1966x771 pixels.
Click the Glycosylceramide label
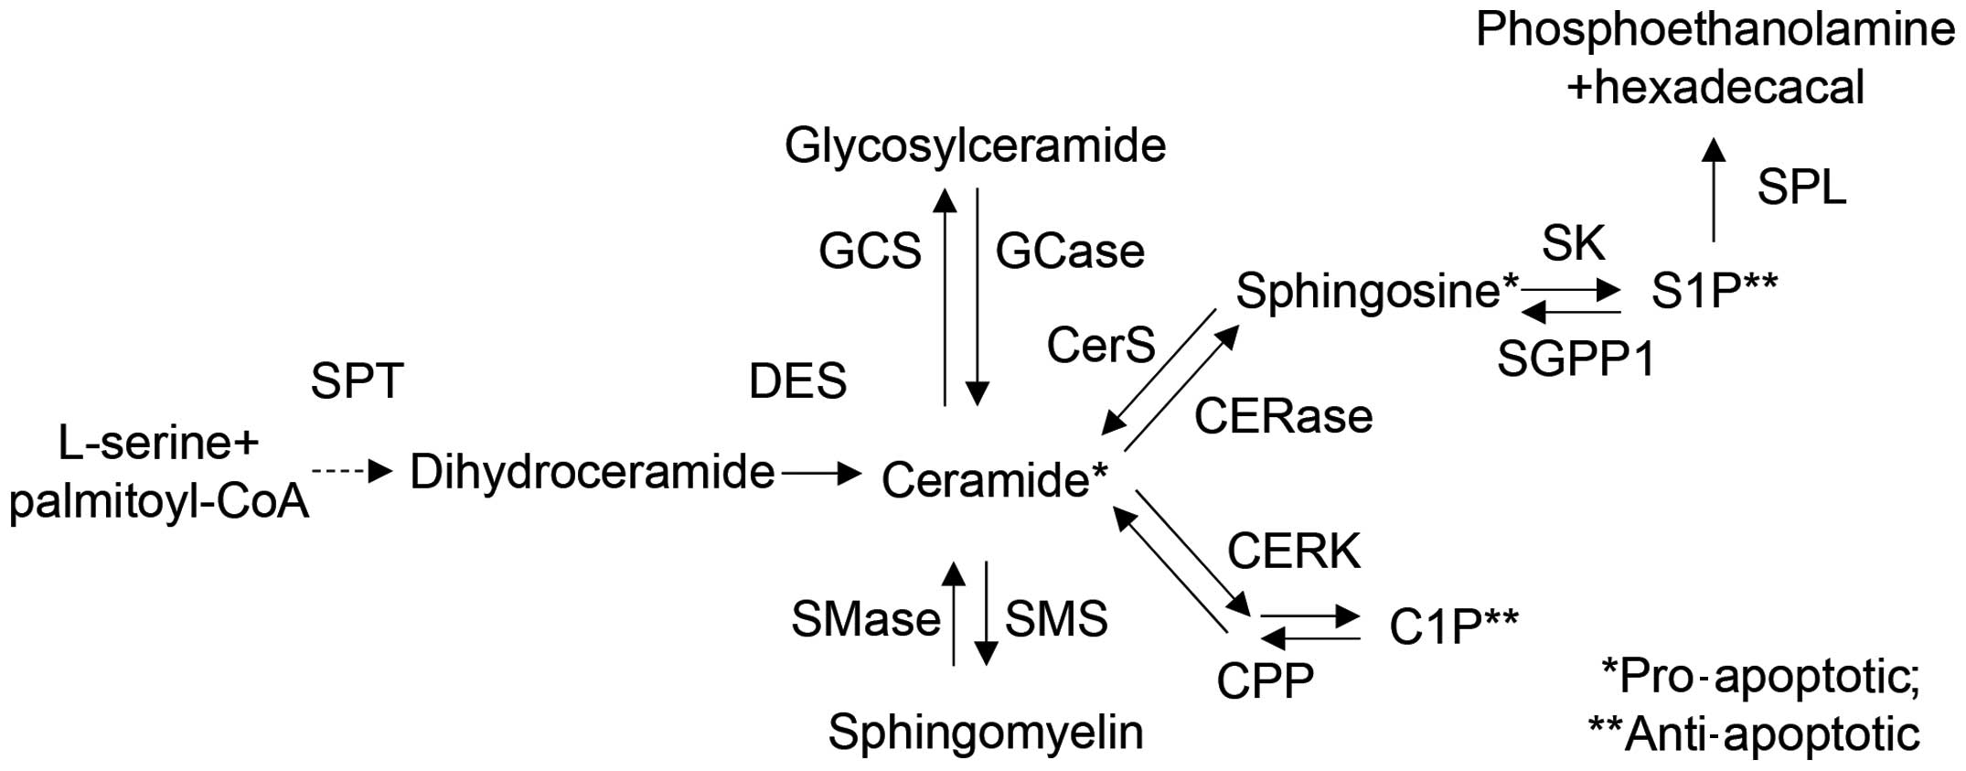click(975, 146)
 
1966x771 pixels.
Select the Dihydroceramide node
click(592, 473)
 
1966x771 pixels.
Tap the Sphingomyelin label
click(986, 732)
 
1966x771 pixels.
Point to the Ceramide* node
click(994, 479)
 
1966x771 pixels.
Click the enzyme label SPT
click(357, 380)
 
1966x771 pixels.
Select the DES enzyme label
click(797, 380)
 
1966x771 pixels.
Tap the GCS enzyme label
click(870, 252)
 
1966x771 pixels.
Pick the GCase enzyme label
click(1070, 252)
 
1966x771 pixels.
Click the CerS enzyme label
click(1101, 346)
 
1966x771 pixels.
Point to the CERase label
click(1283, 417)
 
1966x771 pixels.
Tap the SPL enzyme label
click(1801, 188)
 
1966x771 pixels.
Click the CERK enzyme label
click(1294, 551)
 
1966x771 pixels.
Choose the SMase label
click(865, 620)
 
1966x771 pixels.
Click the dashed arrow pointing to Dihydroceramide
click(351, 472)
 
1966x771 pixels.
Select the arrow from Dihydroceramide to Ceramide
click(820, 473)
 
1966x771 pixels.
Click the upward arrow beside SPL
click(1714, 189)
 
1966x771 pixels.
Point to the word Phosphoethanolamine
click(1715, 30)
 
